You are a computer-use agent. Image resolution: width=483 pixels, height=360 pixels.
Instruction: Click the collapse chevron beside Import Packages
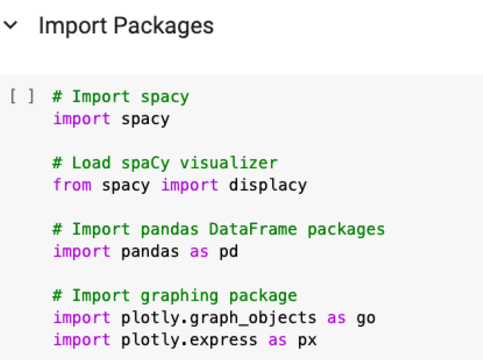[11, 25]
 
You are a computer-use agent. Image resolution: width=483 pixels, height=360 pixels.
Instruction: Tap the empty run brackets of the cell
[22, 97]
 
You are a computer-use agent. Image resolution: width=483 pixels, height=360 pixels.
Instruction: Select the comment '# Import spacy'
[121, 97]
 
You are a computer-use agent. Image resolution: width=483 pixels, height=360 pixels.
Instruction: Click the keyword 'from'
[72, 185]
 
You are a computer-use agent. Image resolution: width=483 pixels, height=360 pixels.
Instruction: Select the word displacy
[267, 185]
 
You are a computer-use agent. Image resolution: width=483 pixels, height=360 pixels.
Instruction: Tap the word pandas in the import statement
[150, 251]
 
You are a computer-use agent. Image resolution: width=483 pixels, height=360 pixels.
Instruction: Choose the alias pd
[228, 251]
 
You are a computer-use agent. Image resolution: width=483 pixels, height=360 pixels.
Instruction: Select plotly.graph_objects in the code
[218, 318]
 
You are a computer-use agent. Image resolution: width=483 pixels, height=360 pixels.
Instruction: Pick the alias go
[365, 318]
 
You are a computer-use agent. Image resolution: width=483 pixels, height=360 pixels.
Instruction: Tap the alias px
[307, 340]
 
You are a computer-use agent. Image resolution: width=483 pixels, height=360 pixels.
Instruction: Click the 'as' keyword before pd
[199, 251]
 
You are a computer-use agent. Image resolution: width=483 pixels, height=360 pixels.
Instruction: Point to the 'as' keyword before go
[336, 318]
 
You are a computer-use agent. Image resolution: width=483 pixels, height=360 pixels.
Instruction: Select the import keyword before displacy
[189, 185]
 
